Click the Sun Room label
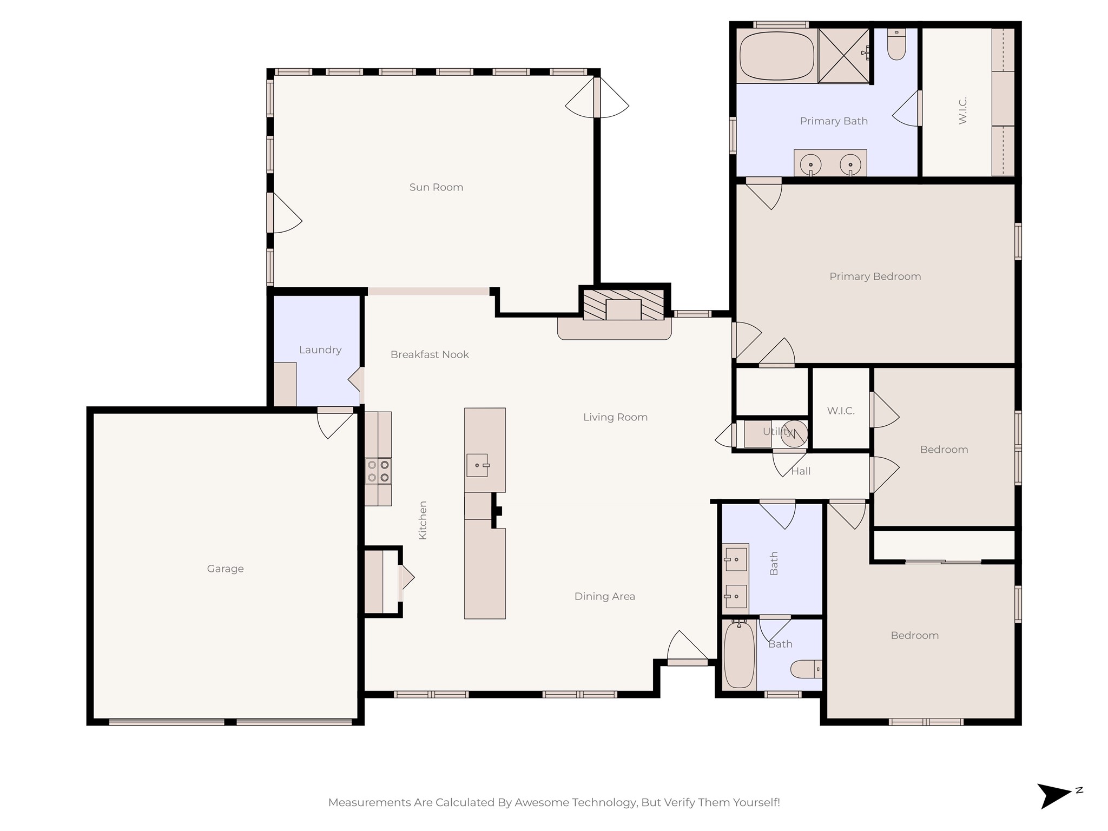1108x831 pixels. click(436, 187)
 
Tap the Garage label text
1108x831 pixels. click(225, 569)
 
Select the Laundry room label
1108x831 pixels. click(320, 350)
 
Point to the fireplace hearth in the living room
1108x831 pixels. click(615, 328)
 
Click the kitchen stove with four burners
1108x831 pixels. click(378, 471)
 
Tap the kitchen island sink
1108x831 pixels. click(477, 465)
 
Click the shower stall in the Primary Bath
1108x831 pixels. click(843, 56)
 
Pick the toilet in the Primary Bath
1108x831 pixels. click(896, 45)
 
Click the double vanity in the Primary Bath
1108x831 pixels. click(830, 163)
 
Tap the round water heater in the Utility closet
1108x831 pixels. click(794, 434)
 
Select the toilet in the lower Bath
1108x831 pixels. click(806, 669)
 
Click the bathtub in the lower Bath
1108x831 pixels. click(739, 655)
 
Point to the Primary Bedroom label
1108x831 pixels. click(875, 276)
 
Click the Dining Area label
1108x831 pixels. click(604, 596)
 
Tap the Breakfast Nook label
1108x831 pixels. click(430, 354)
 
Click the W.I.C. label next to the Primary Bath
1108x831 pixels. click(962, 110)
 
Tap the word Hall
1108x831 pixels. click(801, 471)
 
